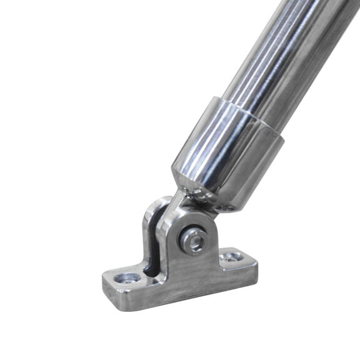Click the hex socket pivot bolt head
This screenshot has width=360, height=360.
pos(194,241)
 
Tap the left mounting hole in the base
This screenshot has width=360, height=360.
pos(132,277)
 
